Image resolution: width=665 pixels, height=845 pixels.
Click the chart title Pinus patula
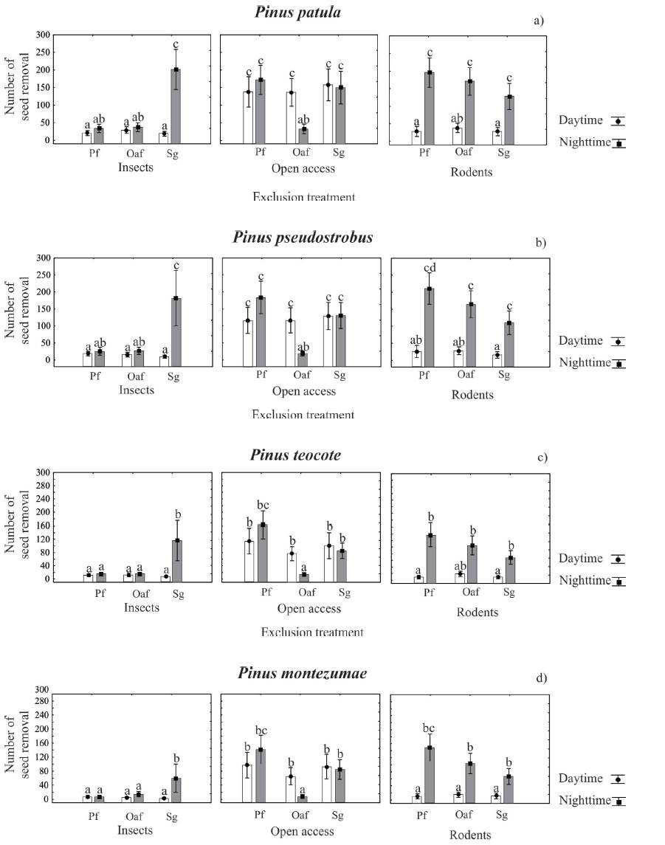coord(298,12)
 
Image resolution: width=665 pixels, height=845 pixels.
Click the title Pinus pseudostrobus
coord(303,238)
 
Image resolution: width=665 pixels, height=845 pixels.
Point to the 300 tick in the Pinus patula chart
coord(44,35)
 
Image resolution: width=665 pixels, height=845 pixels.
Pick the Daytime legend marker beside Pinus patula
coord(618,121)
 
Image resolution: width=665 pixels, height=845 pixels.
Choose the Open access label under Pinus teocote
coord(309,609)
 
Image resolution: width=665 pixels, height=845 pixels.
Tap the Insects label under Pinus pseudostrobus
coord(136,389)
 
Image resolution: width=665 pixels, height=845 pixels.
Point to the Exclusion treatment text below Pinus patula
coord(303,197)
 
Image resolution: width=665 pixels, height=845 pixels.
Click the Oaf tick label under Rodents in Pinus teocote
coord(464,596)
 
